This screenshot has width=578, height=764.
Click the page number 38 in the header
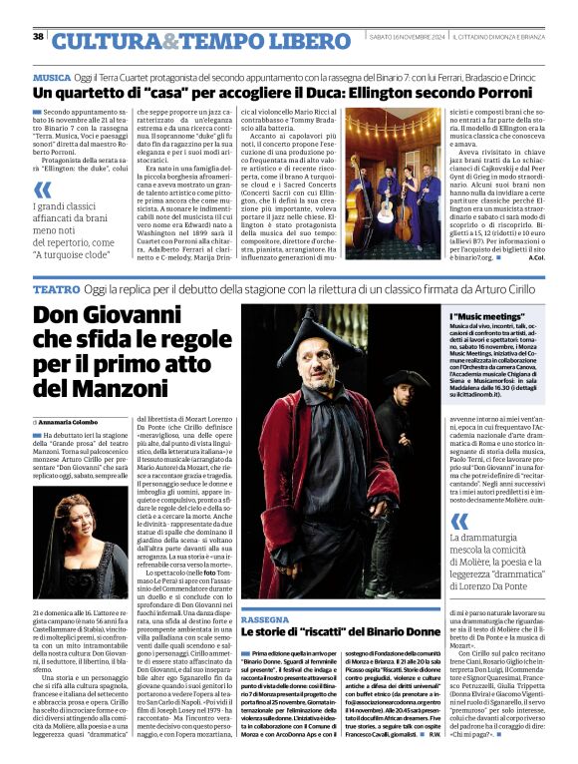(38, 37)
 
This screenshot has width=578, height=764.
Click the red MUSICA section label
(52, 77)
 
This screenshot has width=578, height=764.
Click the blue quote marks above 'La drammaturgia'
(457, 520)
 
